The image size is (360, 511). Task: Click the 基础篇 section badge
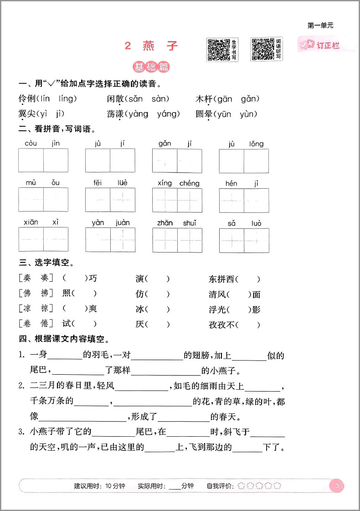tap(151, 67)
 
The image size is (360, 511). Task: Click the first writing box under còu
tap(31, 160)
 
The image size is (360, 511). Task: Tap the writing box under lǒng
tap(256, 160)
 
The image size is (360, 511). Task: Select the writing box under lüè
tap(123, 200)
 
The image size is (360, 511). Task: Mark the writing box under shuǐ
tap(190, 239)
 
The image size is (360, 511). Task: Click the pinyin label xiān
tap(31, 222)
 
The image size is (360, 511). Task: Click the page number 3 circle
tap(337, 485)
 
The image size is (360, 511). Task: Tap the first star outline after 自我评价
tap(241, 486)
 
